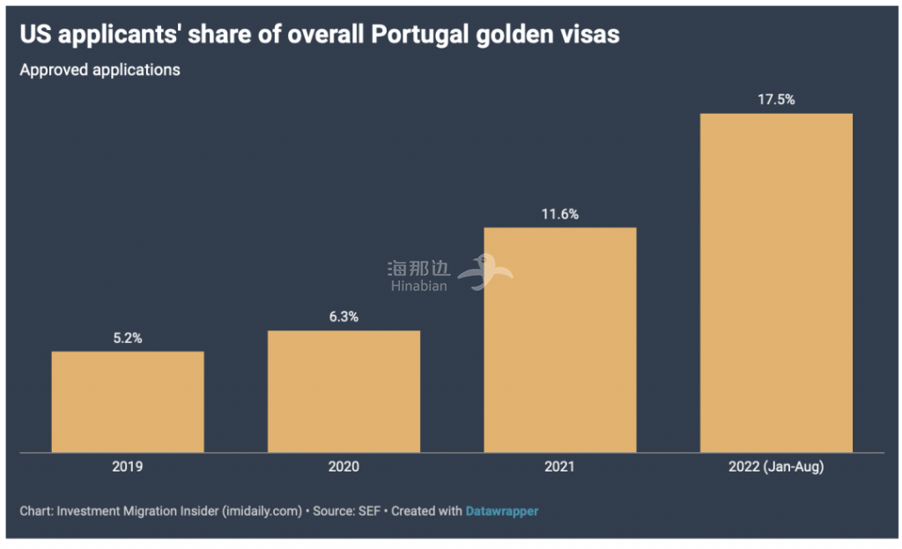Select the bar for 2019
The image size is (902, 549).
coord(128,402)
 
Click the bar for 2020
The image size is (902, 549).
coord(344,391)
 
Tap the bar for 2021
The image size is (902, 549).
coord(560,340)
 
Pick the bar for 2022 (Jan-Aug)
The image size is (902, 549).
coord(776,283)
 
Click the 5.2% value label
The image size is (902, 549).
coord(128,338)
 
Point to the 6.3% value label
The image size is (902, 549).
coord(344,317)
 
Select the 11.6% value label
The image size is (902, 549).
coord(560,214)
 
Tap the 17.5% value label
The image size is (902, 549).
coord(776,100)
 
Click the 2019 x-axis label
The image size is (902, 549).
coord(128,467)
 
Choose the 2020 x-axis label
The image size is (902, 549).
coord(344,467)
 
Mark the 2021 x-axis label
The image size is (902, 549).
coord(560,467)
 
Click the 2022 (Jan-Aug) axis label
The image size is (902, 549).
coord(776,467)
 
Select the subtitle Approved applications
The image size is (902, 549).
coord(100,70)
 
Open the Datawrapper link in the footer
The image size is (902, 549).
coord(501,511)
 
